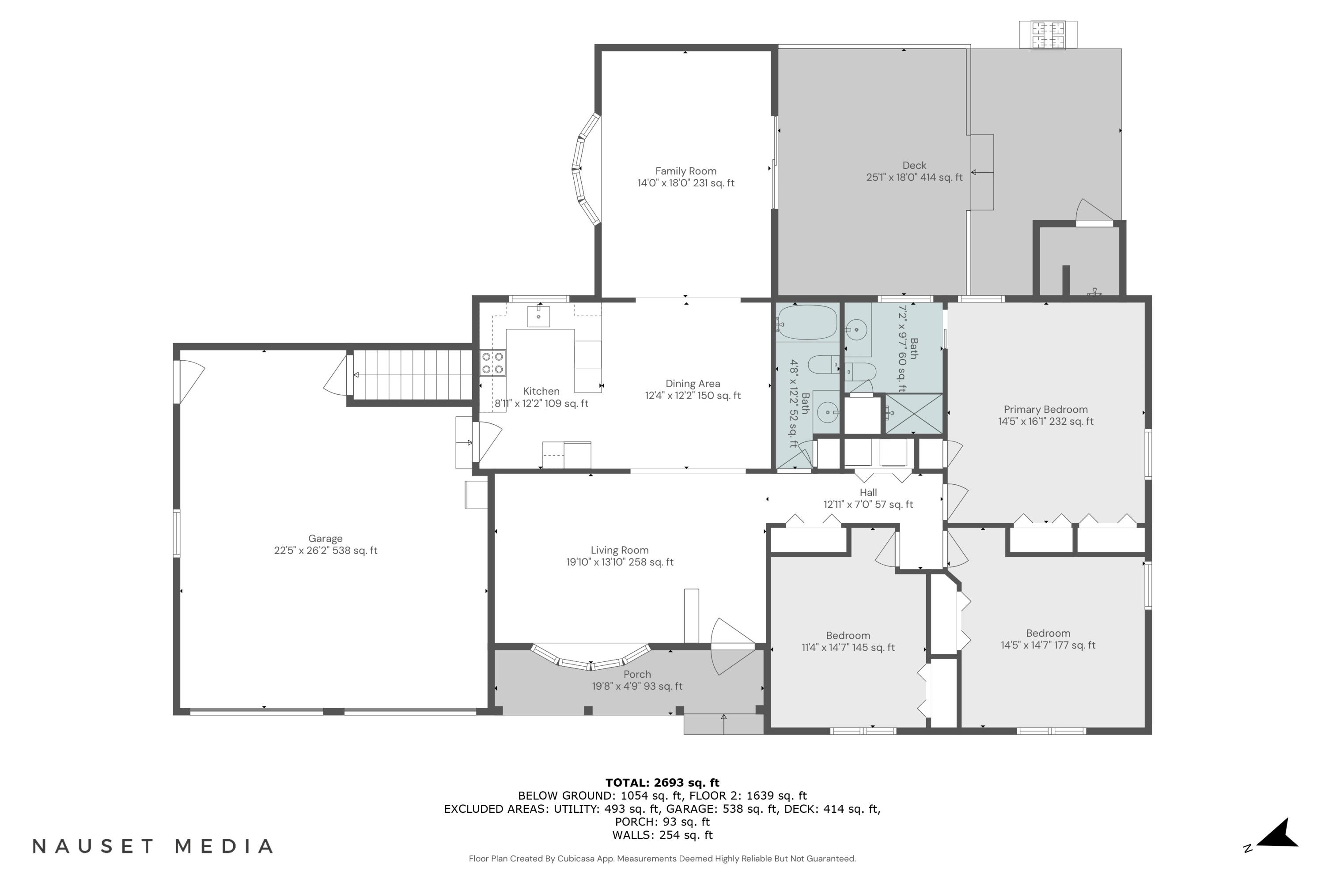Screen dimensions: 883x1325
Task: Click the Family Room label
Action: point(685,171)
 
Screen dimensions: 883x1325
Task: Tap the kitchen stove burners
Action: point(492,363)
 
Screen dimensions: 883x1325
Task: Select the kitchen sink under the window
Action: point(538,316)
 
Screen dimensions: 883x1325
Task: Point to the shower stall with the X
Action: point(914,414)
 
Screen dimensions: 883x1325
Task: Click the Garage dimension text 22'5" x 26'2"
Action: point(325,551)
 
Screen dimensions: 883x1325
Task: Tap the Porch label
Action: point(637,674)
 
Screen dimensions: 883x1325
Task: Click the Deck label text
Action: point(914,166)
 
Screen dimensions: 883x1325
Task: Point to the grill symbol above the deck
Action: point(1048,35)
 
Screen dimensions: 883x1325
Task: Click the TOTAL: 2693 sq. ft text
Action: point(662,782)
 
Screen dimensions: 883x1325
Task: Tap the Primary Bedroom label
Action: point(1045,409)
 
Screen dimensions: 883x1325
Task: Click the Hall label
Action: point(868,492)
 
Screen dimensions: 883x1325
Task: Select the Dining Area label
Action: point(693,384)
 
